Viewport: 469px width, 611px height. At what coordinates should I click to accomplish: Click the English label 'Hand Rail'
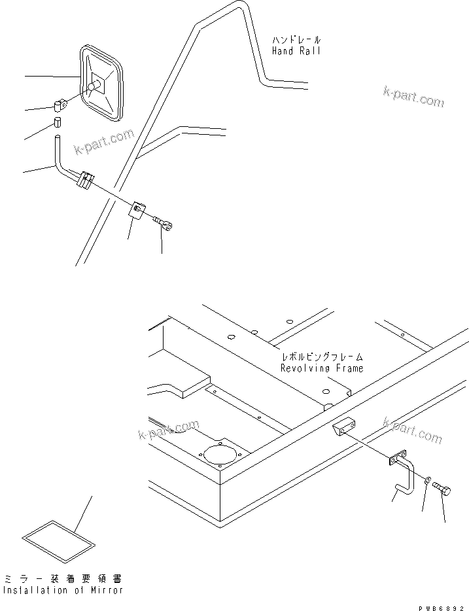coord(296,51)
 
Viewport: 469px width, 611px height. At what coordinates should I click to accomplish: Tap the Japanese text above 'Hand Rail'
coord(296,40)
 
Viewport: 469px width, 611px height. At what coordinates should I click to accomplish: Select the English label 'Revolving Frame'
coord(321,368)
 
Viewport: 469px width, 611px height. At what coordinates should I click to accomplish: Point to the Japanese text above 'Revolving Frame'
coord(322,357)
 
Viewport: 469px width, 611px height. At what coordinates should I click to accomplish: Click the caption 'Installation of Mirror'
coord(62,591)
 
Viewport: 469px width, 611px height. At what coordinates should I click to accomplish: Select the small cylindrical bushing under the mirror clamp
coord(58,123)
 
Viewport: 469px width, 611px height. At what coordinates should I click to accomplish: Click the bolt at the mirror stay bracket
coord(165,224)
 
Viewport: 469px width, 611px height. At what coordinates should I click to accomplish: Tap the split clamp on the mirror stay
coord(85,180)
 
